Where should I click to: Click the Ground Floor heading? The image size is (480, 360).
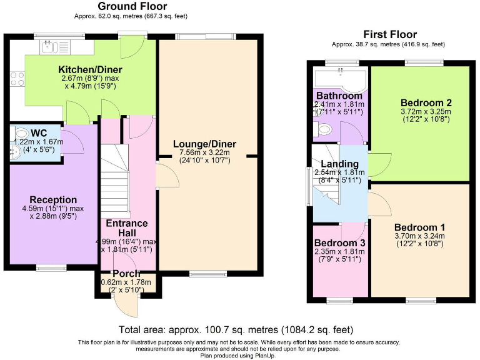(132, 6)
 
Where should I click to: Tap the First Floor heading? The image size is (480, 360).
(390, 34)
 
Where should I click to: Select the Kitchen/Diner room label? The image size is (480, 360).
(90, 69)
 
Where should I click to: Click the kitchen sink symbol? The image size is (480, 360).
(49, 47)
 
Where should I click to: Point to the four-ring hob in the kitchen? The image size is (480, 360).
(17, 79)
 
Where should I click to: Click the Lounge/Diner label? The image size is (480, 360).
(204, 144)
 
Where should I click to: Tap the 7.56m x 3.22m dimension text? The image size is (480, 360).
(204, 152)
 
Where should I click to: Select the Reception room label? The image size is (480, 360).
(53, 200)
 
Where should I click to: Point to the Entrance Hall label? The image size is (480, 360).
(127, 228)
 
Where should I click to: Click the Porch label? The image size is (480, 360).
(126, 273)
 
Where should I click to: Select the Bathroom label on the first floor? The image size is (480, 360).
(339, 96)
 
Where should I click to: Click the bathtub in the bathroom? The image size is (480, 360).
(340, 79)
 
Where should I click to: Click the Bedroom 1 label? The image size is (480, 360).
(419, 227)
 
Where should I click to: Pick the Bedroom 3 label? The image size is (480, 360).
(339, 243)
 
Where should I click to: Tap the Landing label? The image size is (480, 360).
(339, 164)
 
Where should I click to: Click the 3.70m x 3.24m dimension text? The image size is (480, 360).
(419, 236)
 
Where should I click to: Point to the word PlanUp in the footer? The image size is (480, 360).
(265, 356)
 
